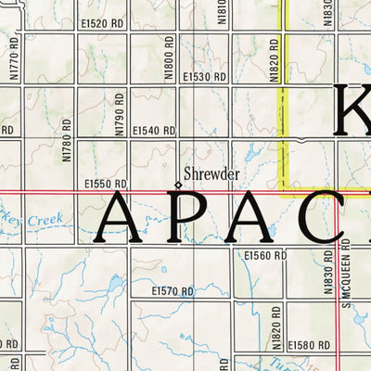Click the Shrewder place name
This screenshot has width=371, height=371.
212,173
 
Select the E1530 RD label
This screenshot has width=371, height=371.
204,76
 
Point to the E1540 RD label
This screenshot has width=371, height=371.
154,131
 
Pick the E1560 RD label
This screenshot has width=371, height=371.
263,254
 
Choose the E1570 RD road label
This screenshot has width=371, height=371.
173,291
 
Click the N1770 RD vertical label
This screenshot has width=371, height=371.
12,70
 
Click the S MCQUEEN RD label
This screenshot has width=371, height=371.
342,272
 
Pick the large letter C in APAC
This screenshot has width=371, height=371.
329,215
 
